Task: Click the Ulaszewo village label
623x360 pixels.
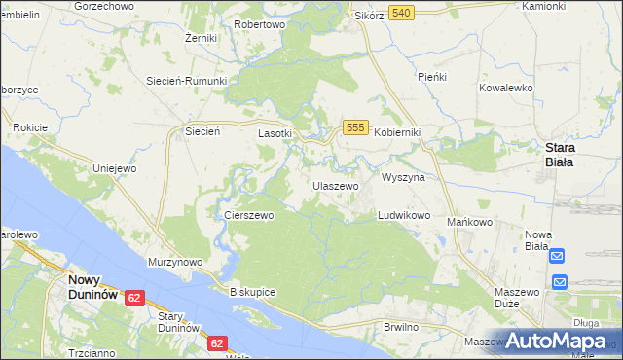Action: (335, 185)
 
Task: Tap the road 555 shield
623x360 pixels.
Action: (355, 128)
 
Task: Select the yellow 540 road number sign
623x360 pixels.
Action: (401, 13)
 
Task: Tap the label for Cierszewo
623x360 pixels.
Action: (249, 215)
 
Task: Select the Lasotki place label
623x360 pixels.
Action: (274, 133)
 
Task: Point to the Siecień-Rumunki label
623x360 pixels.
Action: (186, 81)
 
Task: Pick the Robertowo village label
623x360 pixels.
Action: (259, 24)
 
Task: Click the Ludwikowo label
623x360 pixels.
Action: (404, 215)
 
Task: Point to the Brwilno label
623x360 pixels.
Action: (401, 327)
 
